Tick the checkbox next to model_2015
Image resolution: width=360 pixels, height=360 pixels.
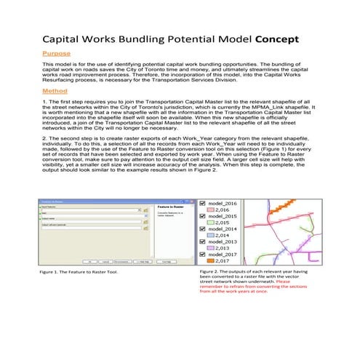tap(203, 216)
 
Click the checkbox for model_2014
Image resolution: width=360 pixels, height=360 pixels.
tap(203, 228)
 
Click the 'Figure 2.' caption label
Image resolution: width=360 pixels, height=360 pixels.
tap(209, 271)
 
